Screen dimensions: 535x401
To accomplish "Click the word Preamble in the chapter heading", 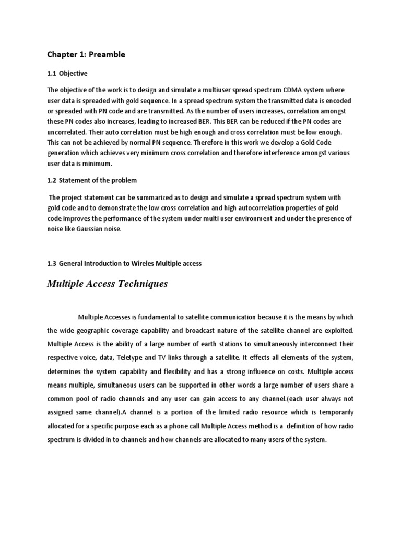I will click(x=108, y=54).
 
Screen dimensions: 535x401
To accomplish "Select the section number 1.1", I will click(x=53, y=73).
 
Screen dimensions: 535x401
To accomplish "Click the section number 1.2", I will click(x=53, y=180).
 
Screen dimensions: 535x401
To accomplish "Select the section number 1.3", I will click(x=53, y=264).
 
